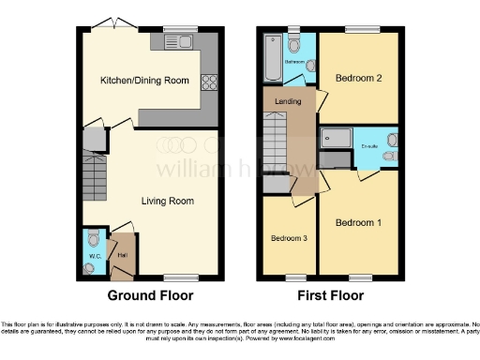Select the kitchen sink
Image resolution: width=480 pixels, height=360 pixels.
177,41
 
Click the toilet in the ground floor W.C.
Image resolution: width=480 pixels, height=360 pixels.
90,265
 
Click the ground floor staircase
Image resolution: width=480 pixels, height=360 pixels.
95,174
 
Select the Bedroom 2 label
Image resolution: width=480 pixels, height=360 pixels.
358,80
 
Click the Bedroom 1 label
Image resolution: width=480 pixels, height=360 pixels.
359,222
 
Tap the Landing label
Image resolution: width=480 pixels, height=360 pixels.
288,100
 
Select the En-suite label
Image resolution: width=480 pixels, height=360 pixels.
368,147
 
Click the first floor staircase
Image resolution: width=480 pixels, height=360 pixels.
273,138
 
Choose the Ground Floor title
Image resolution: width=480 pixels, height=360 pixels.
151,295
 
